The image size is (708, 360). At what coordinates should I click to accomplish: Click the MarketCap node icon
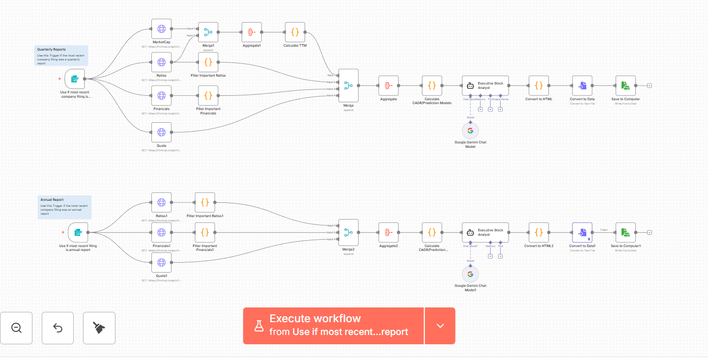(x=161, y=29)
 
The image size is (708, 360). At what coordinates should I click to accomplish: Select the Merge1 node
(x=208, y=32)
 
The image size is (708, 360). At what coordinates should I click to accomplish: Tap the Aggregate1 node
(x=252, y=32)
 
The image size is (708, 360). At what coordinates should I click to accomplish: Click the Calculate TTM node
(x=295, y=32)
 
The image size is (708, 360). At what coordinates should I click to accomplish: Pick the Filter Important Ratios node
(x=208, y=62)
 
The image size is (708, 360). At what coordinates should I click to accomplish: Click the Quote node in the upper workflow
(x=161, y=132)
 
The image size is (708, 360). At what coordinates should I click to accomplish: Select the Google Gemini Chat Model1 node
(x=470, y=274)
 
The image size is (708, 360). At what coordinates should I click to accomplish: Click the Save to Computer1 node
(x=625, y=232)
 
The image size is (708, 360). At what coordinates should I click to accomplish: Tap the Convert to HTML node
(x=538, y=85)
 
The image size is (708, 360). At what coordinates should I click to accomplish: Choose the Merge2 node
(x=348, y=232)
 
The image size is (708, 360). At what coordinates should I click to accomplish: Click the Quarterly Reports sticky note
(x=62, y=55)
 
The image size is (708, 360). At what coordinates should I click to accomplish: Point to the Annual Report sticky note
(x=64, y=207)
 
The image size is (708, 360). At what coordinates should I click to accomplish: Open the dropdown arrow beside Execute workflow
(x=440, y=326)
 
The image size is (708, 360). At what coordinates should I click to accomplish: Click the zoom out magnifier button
(x=16, y=328)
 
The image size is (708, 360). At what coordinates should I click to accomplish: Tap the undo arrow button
(x=57, y=328)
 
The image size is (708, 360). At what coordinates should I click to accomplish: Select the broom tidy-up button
(x=99, y=328)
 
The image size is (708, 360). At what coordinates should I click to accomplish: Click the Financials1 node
(x=161, y=232)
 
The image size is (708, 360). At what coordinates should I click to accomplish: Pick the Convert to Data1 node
(x=582, y=232)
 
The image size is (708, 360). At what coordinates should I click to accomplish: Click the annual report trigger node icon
(x=78, y=232)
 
